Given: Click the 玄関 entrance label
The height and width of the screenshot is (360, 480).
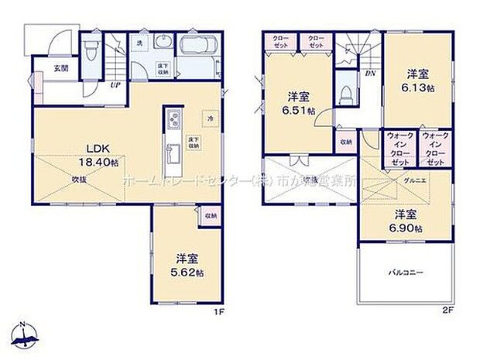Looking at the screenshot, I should point(60,68).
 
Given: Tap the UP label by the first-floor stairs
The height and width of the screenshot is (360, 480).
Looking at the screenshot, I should point(116,86).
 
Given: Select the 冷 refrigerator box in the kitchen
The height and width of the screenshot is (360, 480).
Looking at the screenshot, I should point(210,118).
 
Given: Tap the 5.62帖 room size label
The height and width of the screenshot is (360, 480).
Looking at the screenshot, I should point(187,266).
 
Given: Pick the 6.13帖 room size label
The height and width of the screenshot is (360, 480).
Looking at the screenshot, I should point(418,83).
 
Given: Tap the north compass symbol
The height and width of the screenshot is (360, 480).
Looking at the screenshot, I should point(26,334).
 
